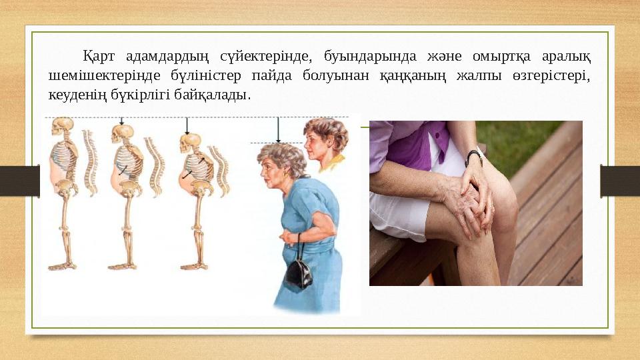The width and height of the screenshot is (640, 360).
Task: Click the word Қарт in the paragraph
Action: tap(97, 54)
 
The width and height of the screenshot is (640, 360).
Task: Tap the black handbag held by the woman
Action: tap(298, 272)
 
